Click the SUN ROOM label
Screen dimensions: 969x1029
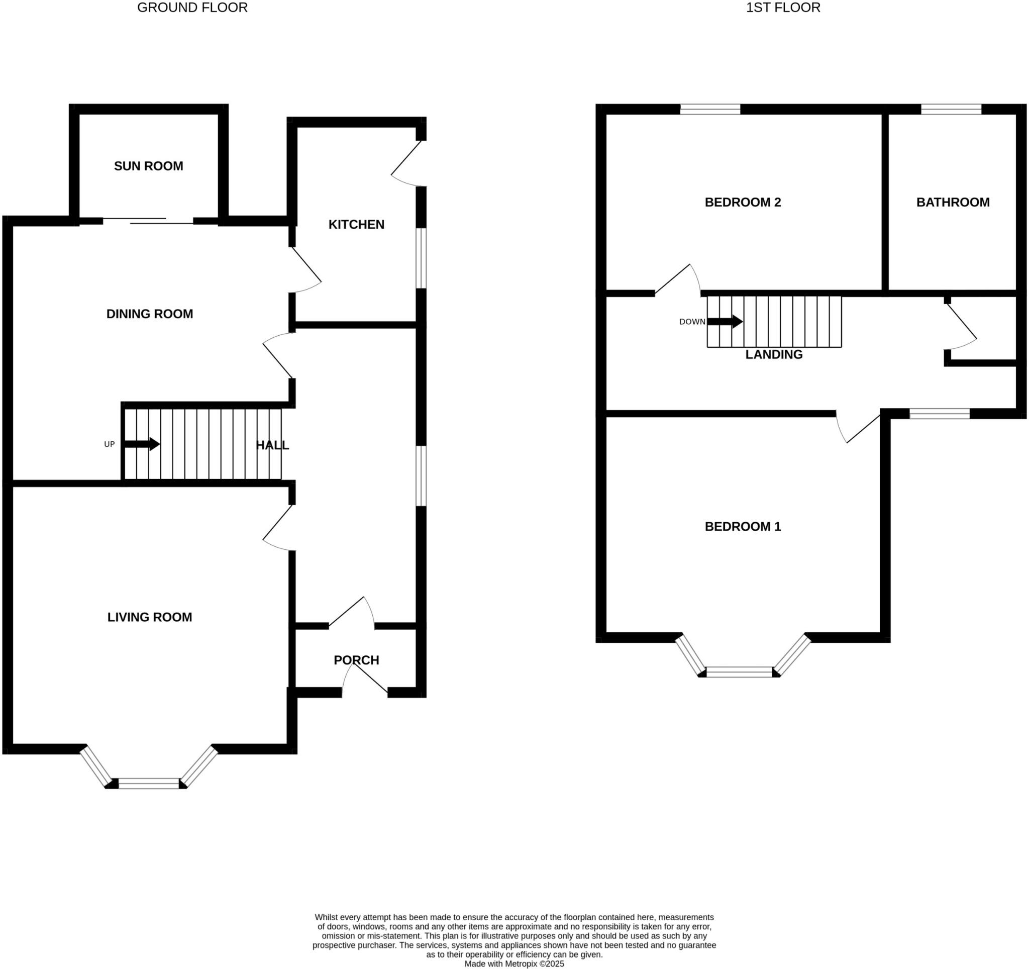149,166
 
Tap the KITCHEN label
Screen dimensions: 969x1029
356,225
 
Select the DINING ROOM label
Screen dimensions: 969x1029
150,314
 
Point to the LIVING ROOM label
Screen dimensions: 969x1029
150,617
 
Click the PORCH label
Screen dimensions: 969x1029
356,660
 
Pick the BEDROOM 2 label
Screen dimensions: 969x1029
742,203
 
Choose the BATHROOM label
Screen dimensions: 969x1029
953,203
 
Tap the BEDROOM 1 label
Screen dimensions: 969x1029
742,526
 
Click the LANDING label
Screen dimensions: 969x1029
773,354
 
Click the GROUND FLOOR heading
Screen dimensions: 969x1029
192,8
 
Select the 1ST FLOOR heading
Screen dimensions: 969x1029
783,8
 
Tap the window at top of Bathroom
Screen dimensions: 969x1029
951,109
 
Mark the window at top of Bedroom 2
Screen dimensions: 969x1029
709,109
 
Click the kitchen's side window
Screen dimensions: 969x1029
422,258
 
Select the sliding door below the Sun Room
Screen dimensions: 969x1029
148,221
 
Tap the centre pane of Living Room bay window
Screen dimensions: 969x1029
149,783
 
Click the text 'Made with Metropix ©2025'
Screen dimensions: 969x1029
514,964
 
